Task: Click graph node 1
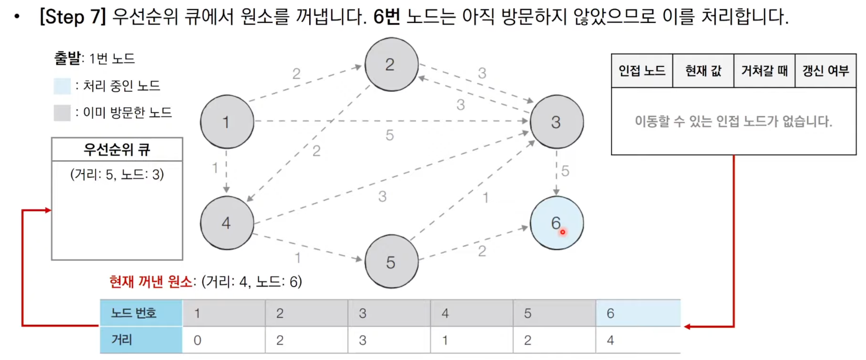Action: pyautogui.click(x=227, y=122)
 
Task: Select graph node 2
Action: pyautogui.click(x=391, y=64)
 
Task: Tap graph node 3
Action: pyautogui.click(x=556, y=122)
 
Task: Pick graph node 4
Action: pyautogui.click(x=227, y=223)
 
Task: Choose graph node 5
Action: pyautogui.click(x=391, y=262)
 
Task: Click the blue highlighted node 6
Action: pyautogui.click(x=556, y=223)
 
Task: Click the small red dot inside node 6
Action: pyautogui.click(x=563, y=232)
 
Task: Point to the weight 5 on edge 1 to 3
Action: pyautogui.click(x=390, y=135)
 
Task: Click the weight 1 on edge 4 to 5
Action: pyautogui.click(x=297, y=258)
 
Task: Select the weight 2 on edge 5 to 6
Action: pyautogui.click(x=482, y=251)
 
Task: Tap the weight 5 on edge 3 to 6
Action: pyautogui.click(x=565, y=171)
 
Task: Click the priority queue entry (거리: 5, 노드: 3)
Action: pyautogui.click(x=117, y=175)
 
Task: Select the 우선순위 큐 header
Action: pyautogui.click(x=117, y=149)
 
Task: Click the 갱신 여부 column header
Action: pyautogui.click(x=825, y=71)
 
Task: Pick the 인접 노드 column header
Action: pyautogui.click(x=642, y=71)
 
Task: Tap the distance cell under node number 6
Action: pyautogui.click(x=638, y=340)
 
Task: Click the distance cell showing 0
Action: pyautogui.click(x=223, y=340)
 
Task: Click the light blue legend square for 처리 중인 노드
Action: pyautogui.click(x=62, y=86)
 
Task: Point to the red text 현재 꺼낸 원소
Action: pyautogui.click(x=151, y=282)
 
